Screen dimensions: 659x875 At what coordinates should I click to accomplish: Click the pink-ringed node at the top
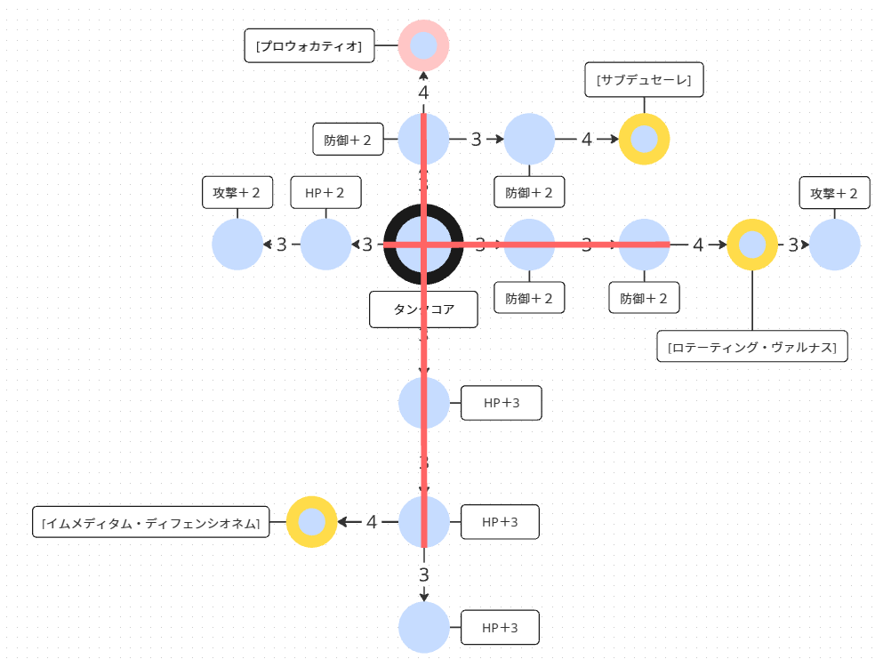click(423, 44)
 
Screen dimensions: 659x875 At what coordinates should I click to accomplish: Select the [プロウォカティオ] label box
click(309, 46)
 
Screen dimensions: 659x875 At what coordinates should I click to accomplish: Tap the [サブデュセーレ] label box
click(645, 79)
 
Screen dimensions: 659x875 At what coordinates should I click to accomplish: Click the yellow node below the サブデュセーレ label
click(644, 140)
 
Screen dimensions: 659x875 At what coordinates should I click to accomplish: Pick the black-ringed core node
click(423, 244)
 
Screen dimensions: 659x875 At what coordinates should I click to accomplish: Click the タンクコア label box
click(423, 309)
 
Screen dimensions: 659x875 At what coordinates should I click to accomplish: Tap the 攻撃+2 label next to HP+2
click(237, 192)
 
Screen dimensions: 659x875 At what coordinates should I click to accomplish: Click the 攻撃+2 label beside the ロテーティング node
click(834, 192)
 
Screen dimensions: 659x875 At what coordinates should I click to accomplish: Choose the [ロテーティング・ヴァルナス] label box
click(751, 346)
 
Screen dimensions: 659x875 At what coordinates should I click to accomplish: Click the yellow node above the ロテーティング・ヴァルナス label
click(752, 244)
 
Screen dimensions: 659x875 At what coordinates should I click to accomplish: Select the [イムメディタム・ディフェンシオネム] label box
click(151, 522)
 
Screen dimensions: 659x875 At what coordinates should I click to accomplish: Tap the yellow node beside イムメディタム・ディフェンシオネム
click(311, 521)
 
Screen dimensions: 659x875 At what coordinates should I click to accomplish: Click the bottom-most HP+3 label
click(500, 628)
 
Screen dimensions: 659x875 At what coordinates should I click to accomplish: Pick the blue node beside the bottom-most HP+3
click(423, 627)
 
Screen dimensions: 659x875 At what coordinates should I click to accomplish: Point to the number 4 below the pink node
click(423, 92)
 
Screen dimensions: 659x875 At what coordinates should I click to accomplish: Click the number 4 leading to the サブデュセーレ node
click(587, 140)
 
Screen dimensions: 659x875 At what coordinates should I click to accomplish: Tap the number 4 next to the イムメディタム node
click(372, 522)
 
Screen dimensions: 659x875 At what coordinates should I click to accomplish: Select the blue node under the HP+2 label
click(325, 244)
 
